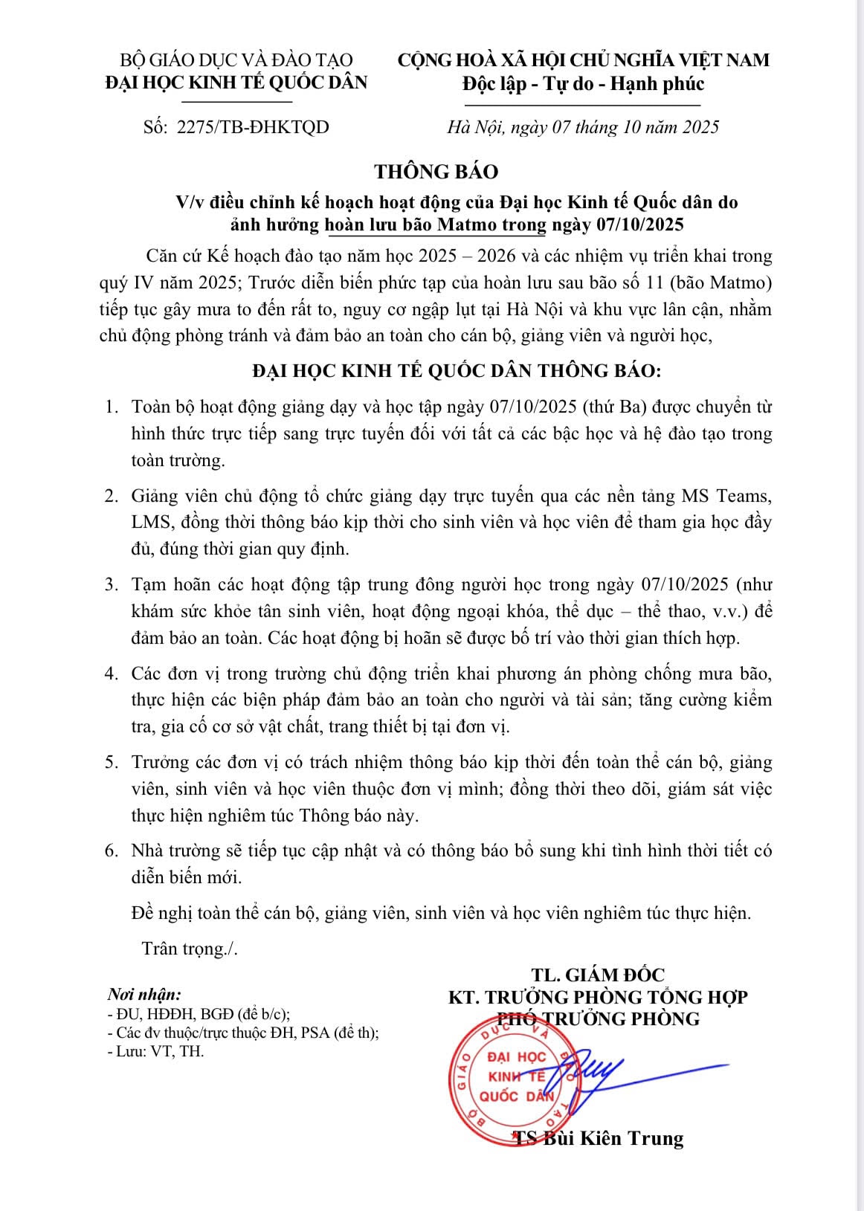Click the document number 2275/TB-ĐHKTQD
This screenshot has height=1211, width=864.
click(x=252, y=127)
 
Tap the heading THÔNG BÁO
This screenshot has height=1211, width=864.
click(x=436, y=172)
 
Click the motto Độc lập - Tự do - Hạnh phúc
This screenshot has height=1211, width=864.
click(x=583, y=83)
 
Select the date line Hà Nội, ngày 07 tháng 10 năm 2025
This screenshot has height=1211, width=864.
click(x=583, y=127)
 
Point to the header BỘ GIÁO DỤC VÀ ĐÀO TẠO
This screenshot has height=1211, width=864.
click(x=236, y=59)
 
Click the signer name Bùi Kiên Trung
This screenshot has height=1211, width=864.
click(x=613, y=1137)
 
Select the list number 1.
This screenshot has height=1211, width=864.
click(x=112, y=407)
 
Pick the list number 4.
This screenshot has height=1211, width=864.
click(x=112, y=674)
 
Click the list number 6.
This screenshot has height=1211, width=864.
click(x=112, y=850)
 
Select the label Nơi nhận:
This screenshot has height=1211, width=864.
click(x=144, y=995)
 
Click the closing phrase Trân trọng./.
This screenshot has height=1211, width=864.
click(x=190, y=949)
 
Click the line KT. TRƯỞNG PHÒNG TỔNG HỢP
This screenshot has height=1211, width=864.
click(x=598, y=997)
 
